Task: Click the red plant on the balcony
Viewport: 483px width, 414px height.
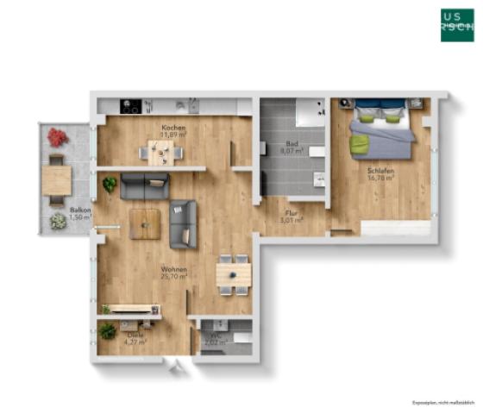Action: click(x=58, y=136)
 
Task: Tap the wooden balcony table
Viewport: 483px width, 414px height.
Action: click(x=57, y=179)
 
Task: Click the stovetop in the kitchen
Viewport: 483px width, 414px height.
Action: click(x=131, y=108)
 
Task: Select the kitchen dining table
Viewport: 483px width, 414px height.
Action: click(x=162, y=154)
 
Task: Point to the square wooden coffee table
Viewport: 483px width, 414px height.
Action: click(x=145, y=223)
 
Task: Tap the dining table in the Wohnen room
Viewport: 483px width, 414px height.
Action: click(x=233, y=273)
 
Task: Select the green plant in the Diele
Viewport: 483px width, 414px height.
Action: click(x=108, y=330)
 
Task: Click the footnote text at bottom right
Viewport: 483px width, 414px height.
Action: click(x=442, y=403)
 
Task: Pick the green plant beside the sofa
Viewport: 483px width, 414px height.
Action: click(x=110, y=184)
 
